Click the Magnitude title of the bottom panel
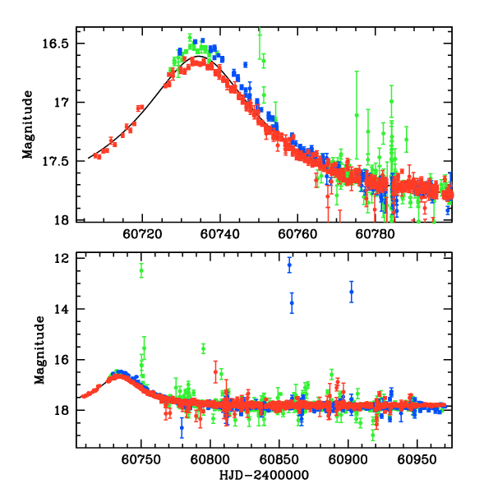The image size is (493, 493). [x=39, y=350]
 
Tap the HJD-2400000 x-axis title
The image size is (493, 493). [x=264, y=475]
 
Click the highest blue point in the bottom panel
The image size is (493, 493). [x=289, y=265]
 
